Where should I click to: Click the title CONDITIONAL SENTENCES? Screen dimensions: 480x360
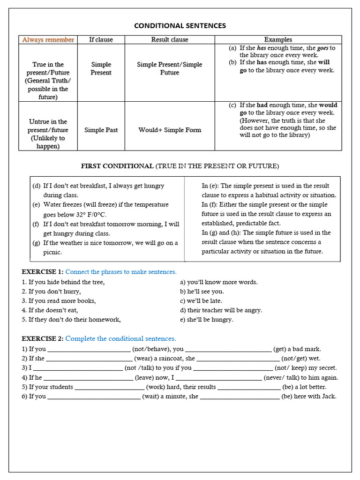tap(180, 26)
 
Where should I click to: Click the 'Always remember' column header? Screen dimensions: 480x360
tap(48, 40)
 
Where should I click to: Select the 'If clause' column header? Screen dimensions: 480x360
tap(101, 40)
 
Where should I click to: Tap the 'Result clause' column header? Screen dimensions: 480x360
tap(170, 40)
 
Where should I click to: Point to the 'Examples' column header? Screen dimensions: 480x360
tap(278, 40)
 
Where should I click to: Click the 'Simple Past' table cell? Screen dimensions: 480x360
tap(101, 130)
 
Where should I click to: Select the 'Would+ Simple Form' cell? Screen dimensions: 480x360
tap(170, 130)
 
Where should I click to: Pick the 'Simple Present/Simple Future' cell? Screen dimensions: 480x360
tap(170, 68)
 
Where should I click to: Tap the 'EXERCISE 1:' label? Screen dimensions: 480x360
tap(43, 272)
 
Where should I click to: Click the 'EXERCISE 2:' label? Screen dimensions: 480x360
tap(43, 338)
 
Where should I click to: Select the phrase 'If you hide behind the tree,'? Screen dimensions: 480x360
tap(66, 282)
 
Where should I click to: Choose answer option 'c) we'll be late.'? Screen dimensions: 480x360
tap(201, 301)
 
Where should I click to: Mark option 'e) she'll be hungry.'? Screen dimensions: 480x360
tap(206, 320)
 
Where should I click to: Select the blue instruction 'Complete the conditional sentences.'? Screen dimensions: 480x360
tap(120, 338)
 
